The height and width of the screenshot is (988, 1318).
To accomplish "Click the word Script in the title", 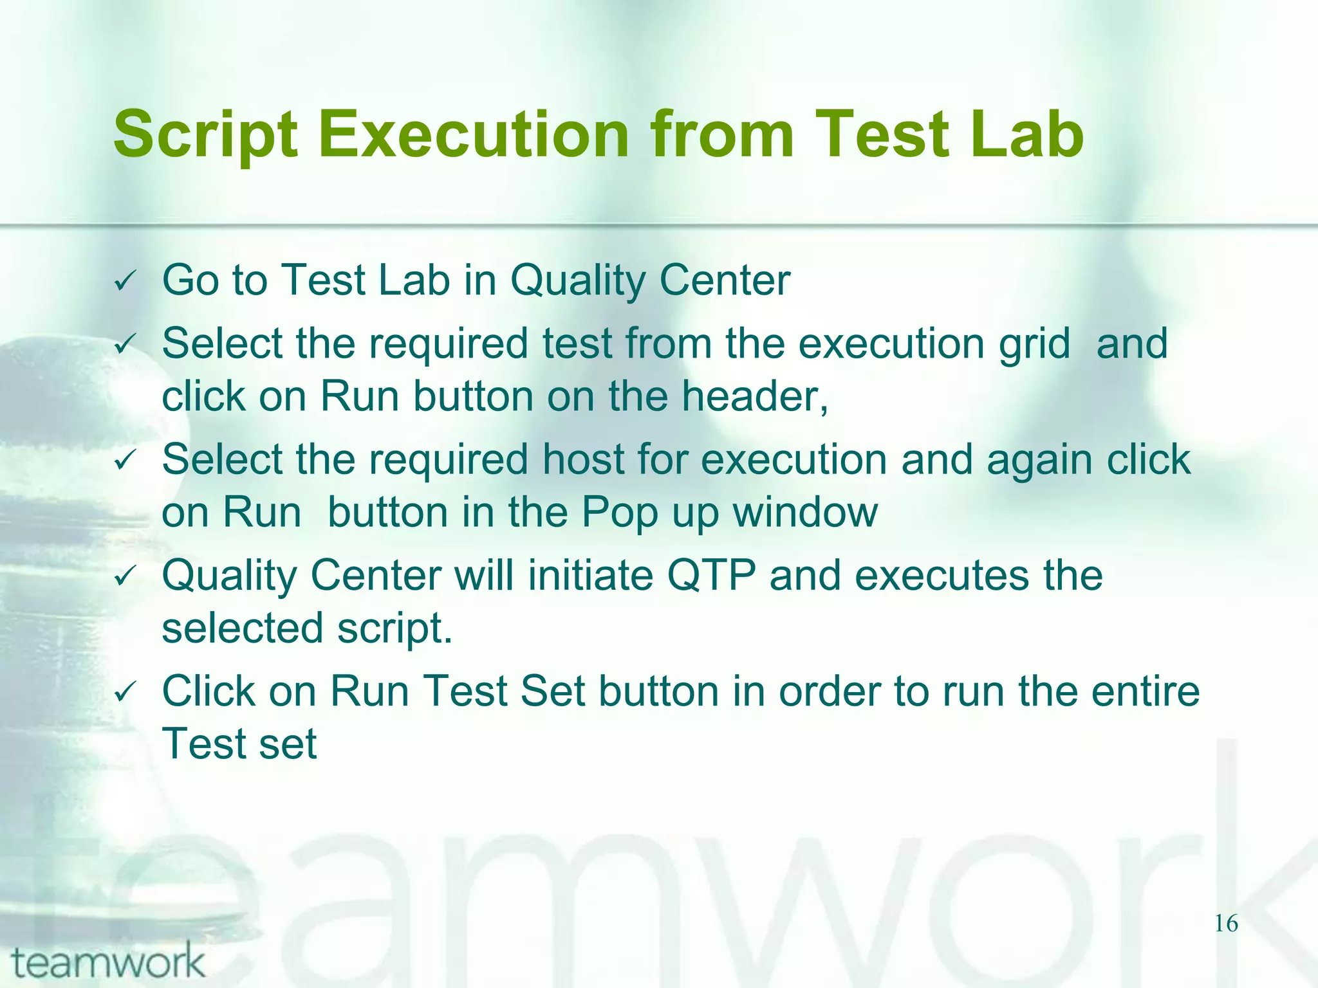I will click(x=205, y=135).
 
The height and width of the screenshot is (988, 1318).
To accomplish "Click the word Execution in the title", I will click(x=473, y=135).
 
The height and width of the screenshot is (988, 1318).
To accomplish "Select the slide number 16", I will click(x=1226, y=924).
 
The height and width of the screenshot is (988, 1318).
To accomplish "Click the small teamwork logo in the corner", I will click(x=108, y=962).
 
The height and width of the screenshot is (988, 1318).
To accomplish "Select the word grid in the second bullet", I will click(x=1034, y=345).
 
